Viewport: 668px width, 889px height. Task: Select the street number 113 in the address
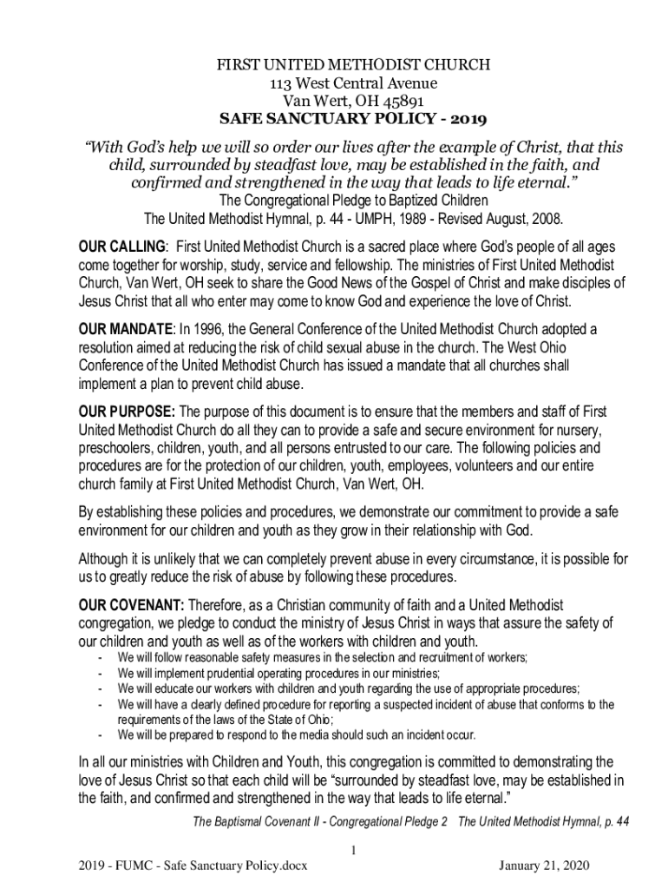[x=283, y=83]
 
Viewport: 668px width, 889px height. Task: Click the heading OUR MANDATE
[x=125, y=330]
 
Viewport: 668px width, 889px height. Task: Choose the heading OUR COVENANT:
[x=131, y=604]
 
